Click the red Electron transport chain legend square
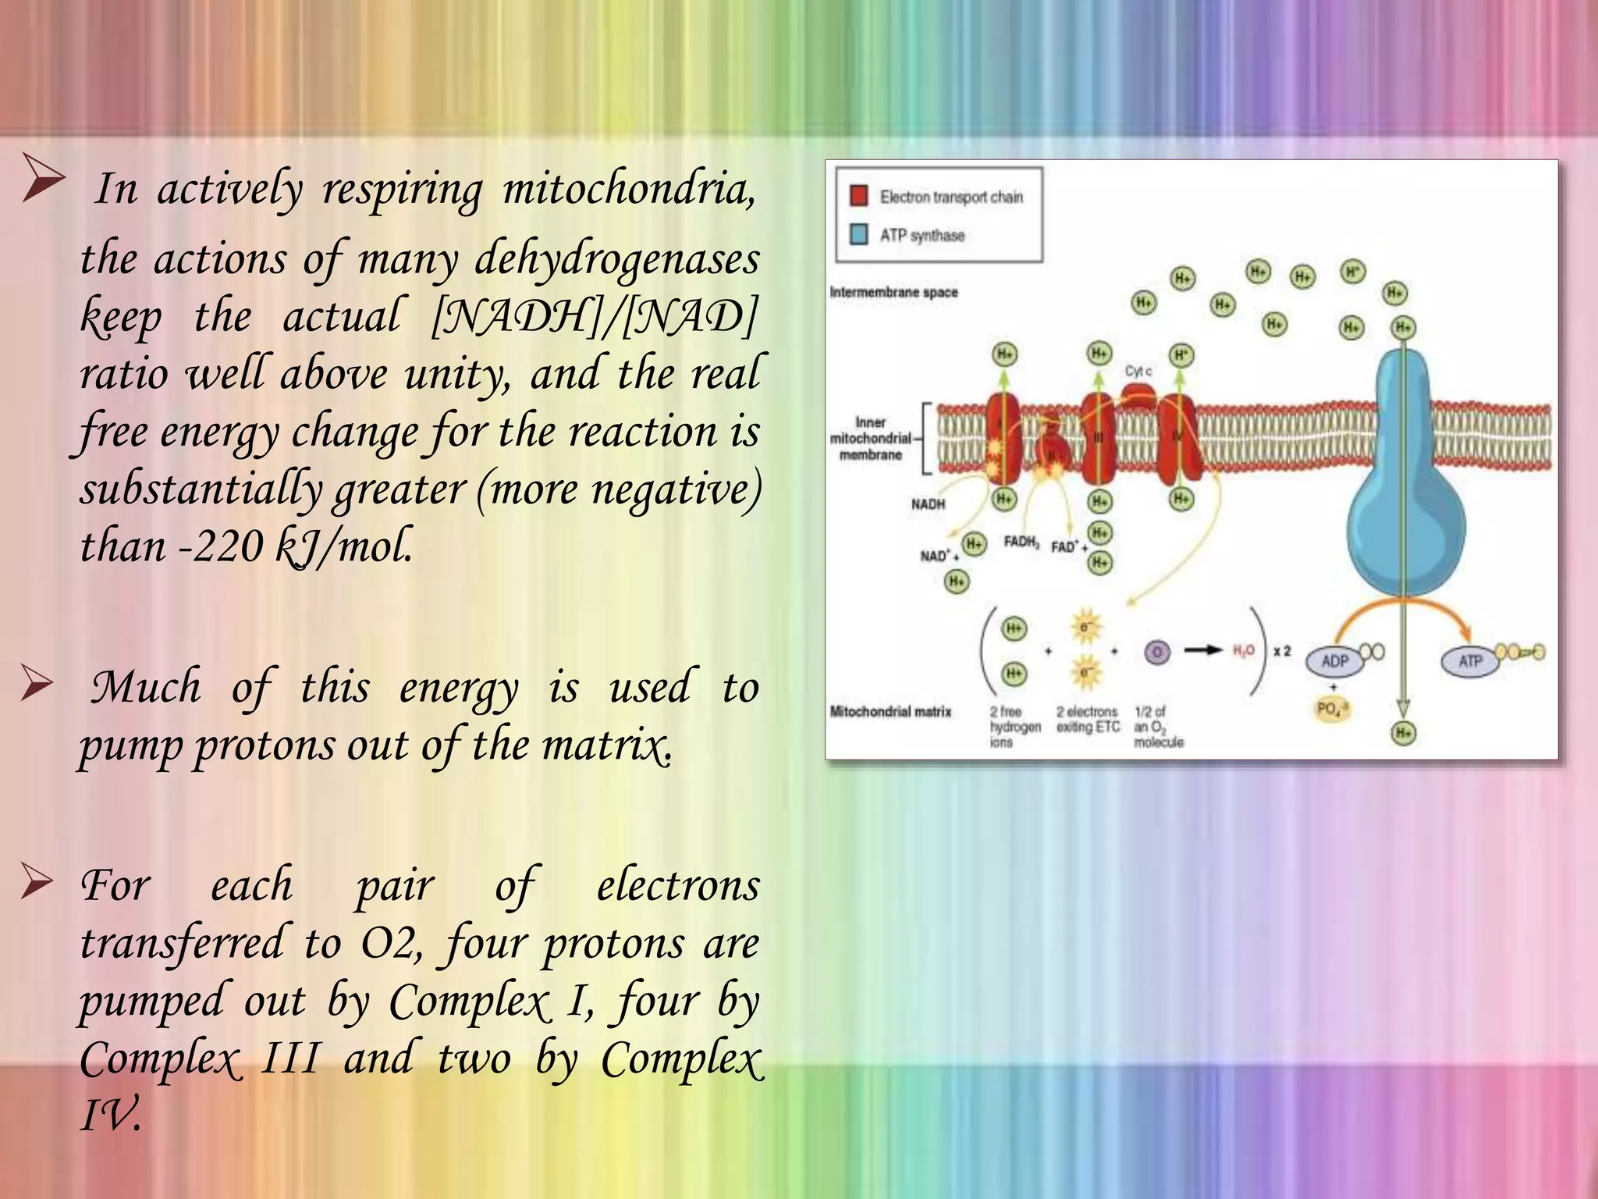coord(858,196)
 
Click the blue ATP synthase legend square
coord(858,234)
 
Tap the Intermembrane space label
coord(893,292)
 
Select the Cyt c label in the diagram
coord(1138,371)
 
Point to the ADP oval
coord(1334,661)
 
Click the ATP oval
coord(1470,661)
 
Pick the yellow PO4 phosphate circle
coord(1332,709)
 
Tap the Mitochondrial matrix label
coord(890,711)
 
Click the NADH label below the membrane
coord(928,504)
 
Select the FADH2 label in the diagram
coord(1021,542)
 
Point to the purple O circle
coord(1157,652)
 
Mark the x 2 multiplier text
coord(1282,650)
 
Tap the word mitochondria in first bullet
coord(628,190)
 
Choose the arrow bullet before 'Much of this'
coord(37,685)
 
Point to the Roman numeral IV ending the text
coord(110,1114)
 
